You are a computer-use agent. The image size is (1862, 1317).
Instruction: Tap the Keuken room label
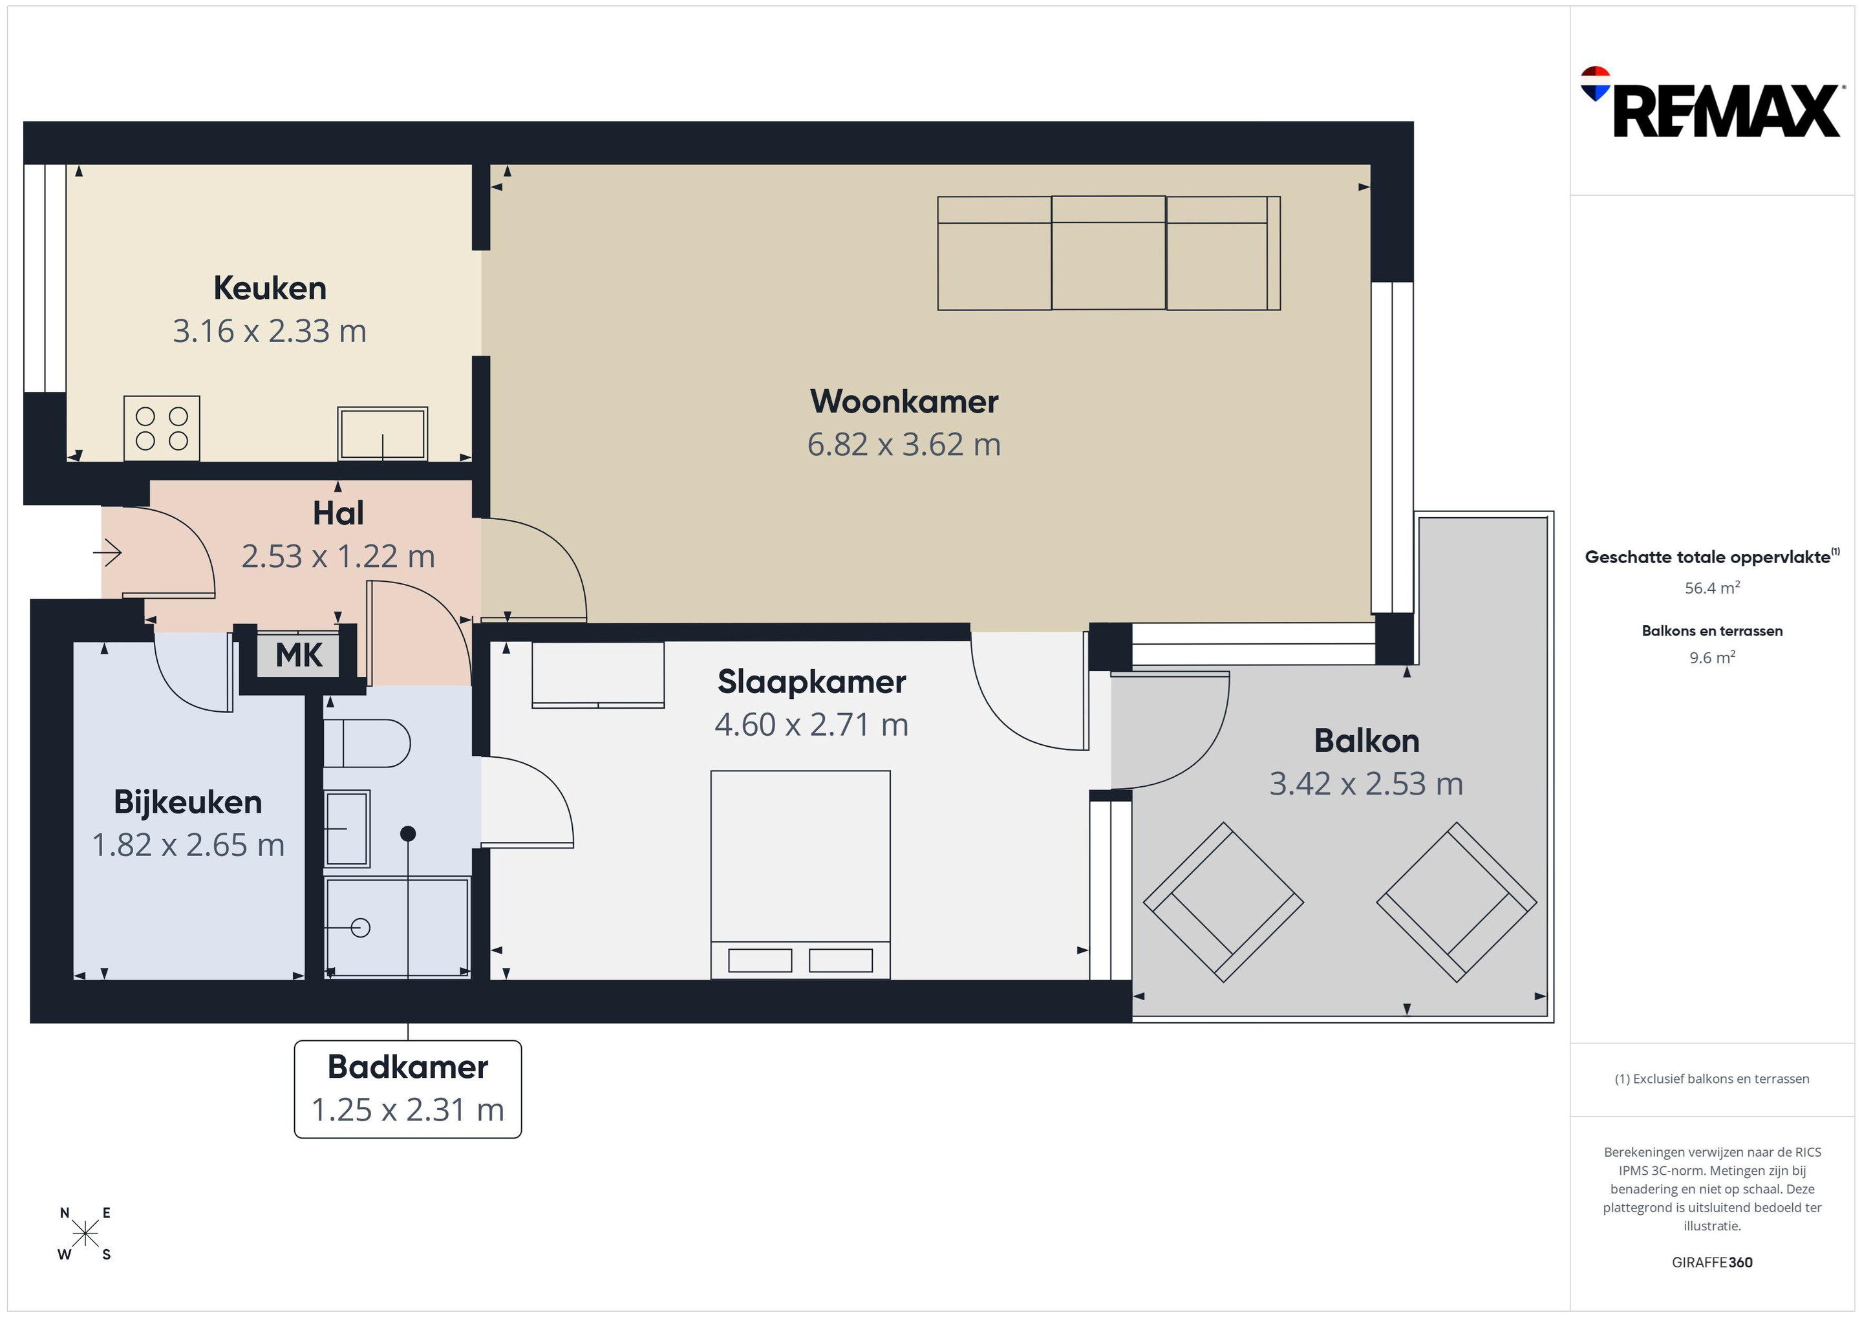pyautogui.click(x=270, y=288)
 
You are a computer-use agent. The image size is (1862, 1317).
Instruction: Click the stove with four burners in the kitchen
pyautogui.click(x=162, y=428)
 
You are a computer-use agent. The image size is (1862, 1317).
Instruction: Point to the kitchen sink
pyautogui.click(x=383, y=434)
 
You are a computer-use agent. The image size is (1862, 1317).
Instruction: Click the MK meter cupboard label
pyautogui.click(x=299, y=655)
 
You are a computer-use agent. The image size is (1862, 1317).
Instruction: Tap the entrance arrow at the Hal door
pyautogui.click(x=108, y=553)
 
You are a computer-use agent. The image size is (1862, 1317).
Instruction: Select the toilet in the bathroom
pyautogui.click(x=367, y=743)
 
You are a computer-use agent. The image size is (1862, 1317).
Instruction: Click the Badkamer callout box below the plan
pyautogui.click(x=408, y=1089)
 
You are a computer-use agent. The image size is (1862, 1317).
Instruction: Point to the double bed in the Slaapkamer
pyautogui.click(x=800, y=874)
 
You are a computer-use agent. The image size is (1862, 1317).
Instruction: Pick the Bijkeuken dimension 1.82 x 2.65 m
pyautogui.click(x=188, y=845)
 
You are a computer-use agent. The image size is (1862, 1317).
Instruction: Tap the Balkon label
pyautogui.click(x=1367, y=740)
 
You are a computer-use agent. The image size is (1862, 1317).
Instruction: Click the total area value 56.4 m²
pyautogui.click(x=1712, y=588)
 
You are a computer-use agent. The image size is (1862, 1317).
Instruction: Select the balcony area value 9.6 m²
pyautogui.click(x=1712, y=658)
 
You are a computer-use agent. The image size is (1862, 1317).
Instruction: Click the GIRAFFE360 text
pyautogui.click(x=1712, y=1263)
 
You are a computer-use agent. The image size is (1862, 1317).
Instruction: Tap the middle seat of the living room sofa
pyautogui.click(x=1109, y=253)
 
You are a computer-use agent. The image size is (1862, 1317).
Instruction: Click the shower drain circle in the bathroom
pyautogui.click(x=361, y=927)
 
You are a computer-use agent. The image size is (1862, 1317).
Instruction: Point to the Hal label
pyautogui.click(x=338, y=513)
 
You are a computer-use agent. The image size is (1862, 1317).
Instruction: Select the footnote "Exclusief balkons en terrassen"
pyautogui.click(x=1721, y=1078)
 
